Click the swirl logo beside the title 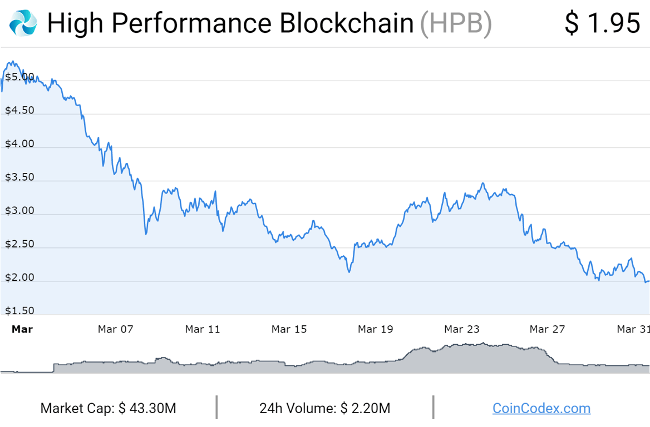click(23, 23)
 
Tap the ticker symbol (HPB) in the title click(456, 23)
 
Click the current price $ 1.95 click(602, 23)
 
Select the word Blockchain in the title click(347, 23)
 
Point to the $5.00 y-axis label click(19, 77)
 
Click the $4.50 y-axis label click(19, 110)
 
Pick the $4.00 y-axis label click(19, 144)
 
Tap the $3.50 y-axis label click(19, 177)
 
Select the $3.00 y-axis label click(19, 211)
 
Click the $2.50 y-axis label click(19, 244)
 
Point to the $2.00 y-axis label click(19, 277)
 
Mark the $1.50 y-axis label click(19, 311)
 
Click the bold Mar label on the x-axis click(22, 329)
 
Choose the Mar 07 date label click(116, 329)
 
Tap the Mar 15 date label click(289, 329)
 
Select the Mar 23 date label click(462, 329)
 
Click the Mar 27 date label click(548, 329)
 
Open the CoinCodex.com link click(541, 409)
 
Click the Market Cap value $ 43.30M click(147, 409)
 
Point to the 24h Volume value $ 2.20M click(365, 409)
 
